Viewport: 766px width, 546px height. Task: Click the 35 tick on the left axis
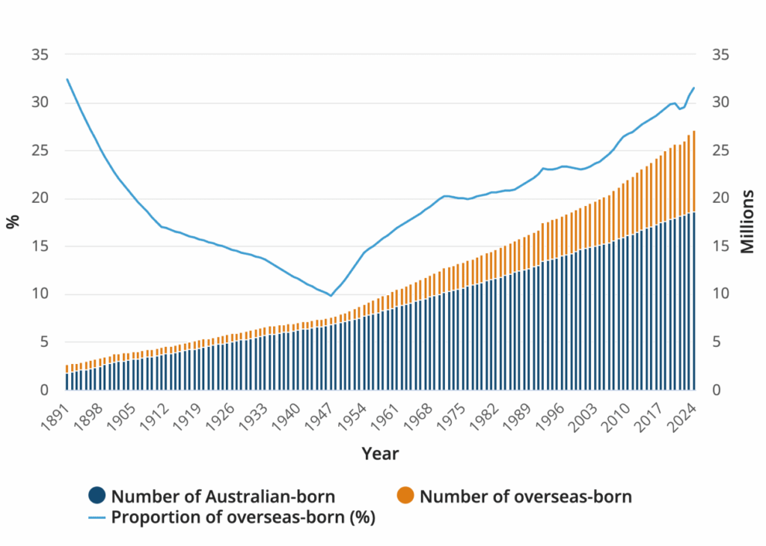coord(40,55)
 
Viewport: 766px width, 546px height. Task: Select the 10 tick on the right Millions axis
coord(720,294)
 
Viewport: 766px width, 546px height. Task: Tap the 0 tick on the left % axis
coord(45,390)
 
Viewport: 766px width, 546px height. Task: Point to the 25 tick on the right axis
coord(720,151)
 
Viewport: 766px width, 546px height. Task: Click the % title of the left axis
coord(13,222)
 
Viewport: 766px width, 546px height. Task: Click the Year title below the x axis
coord(380,454)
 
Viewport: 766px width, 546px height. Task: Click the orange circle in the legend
coord(405,495)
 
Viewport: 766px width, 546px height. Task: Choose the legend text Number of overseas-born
coord(525,495)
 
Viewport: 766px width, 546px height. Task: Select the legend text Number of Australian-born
coord(222,495)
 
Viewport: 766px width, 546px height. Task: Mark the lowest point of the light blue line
coord(331,296)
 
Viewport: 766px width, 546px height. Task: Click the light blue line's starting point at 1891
coord(67,79)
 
